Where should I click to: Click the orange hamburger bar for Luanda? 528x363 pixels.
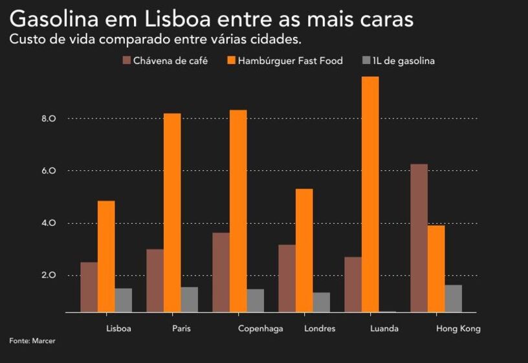pos(370,194)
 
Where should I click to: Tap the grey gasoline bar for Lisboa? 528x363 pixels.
pos(123,300)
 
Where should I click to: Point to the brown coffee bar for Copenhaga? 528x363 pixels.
pos(221,272)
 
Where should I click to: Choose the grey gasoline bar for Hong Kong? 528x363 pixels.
pos(453,298)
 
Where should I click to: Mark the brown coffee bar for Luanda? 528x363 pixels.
pos(353,285)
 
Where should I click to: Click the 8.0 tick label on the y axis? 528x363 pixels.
pos(49,119)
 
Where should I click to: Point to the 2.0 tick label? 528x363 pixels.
pos(49,276)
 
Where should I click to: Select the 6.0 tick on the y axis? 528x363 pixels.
pos(49,171)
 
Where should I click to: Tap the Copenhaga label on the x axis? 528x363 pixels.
pos(261,329)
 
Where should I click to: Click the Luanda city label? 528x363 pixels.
pos(384,329)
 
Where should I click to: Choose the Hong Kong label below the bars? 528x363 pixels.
pos(458,329)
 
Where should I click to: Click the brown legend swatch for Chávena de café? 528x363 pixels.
pos(126,61)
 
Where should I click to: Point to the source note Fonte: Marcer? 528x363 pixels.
pos(32,340)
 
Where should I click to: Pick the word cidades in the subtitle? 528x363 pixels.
pos(275,39)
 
